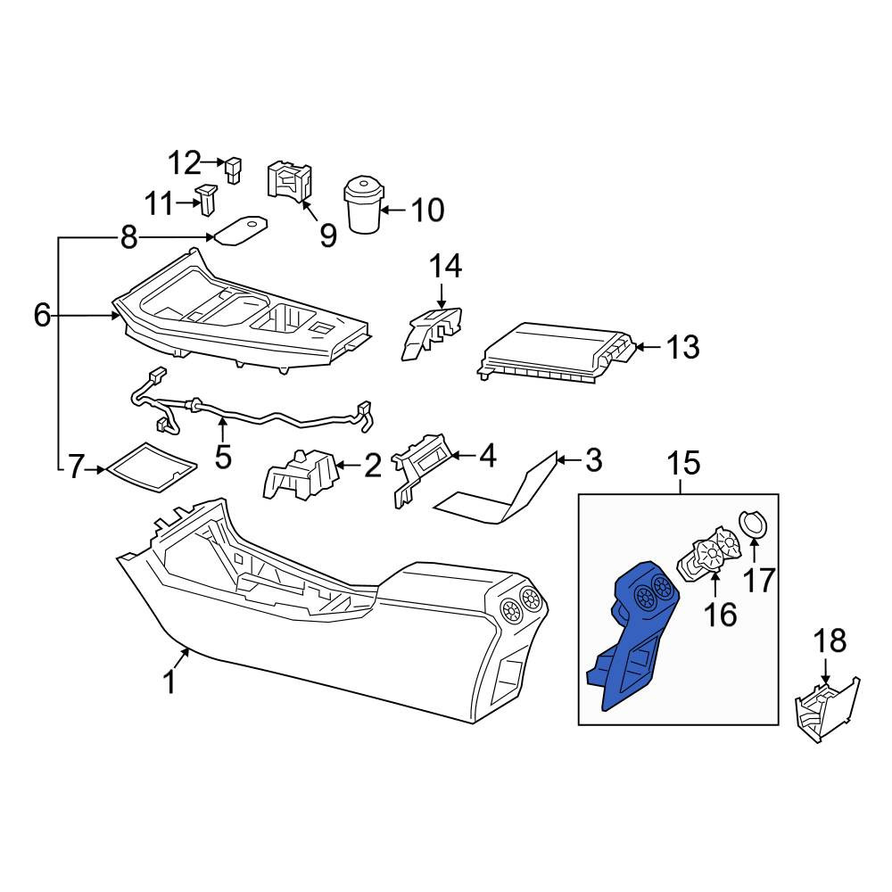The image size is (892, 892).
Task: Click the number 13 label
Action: tap(682, 346)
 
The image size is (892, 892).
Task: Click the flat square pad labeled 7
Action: tap(152, 467)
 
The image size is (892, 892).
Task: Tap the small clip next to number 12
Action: tap(234, 169)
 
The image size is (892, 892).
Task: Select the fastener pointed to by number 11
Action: tap(207, 199)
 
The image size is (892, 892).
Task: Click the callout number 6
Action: tap(42, 315)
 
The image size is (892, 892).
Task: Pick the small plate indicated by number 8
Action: tap(240, 230)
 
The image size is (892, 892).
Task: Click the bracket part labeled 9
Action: tap(290, 181)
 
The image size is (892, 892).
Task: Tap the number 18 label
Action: tap(830, 640)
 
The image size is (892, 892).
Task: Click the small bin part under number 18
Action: tap(827, 709)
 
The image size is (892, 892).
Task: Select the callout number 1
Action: tap(169, 682)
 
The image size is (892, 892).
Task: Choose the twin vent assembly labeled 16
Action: tap(710, 554)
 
